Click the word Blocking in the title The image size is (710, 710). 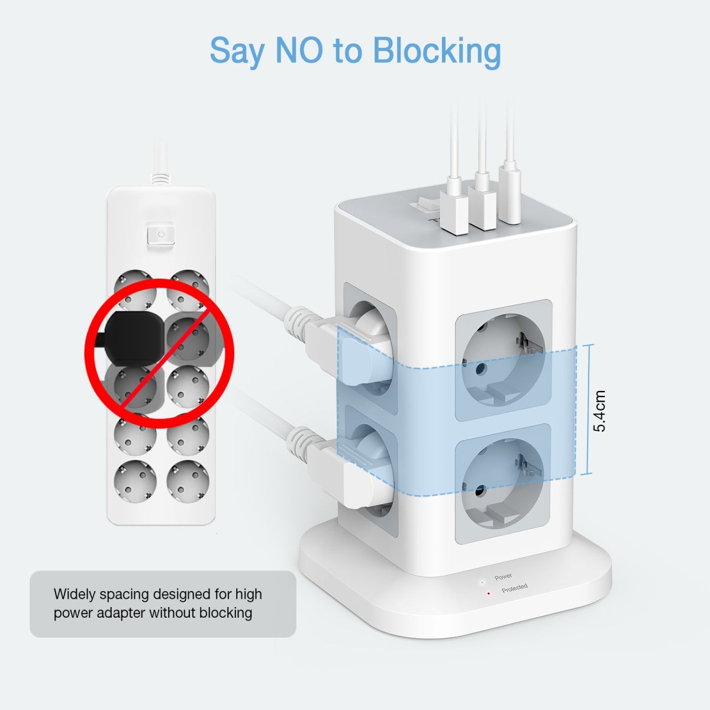(437, 51)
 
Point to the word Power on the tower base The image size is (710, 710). (504, 577)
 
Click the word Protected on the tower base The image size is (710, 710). (515, 588)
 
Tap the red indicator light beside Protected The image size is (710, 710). (489, 593)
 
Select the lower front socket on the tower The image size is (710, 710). (502, 484)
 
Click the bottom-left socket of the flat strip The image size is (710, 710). (135, 481)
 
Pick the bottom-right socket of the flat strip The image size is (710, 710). (188, 481)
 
